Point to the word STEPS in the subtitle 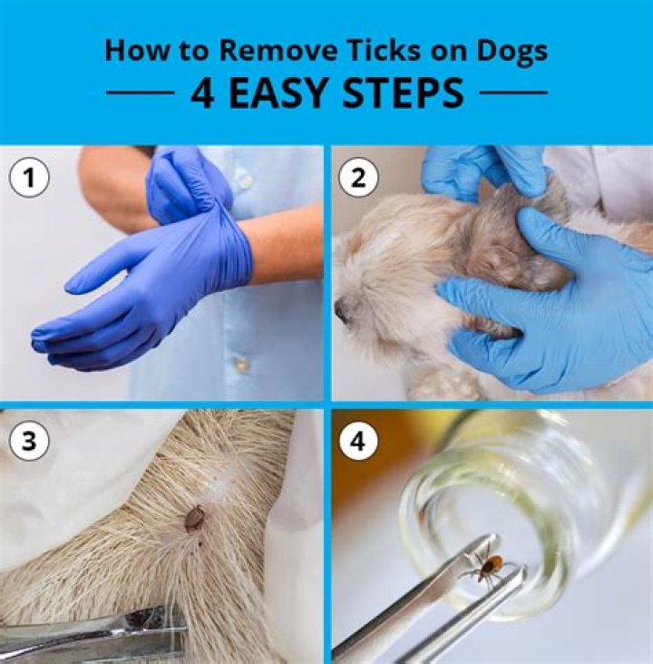(405, 93)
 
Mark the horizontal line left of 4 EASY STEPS (140, 93)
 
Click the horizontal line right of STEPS (512, 93)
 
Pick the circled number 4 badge (357, 441)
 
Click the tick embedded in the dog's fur (194, 518)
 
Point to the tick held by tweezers (491, 568)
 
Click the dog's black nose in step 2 (342, 310)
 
